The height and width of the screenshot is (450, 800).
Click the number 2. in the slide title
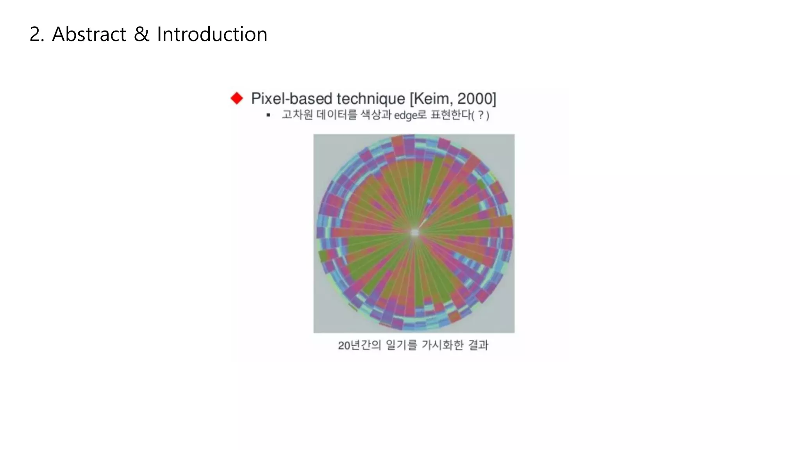(37, 34)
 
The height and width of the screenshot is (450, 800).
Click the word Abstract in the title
(89, 34)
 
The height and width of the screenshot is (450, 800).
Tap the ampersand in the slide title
(141, 34)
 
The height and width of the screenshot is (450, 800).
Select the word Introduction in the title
(212, 34)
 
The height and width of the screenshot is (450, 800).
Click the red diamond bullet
(237, 98)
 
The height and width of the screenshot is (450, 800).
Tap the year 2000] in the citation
(477, 99)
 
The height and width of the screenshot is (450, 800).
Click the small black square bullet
(268, 115)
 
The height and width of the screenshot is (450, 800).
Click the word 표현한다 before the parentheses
(451, 115)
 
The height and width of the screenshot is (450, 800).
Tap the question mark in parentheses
(481, 115)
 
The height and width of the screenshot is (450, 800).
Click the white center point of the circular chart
(414, 233)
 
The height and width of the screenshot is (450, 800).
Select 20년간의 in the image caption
(359, 345)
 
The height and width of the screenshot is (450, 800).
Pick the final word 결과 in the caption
(478, 345)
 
